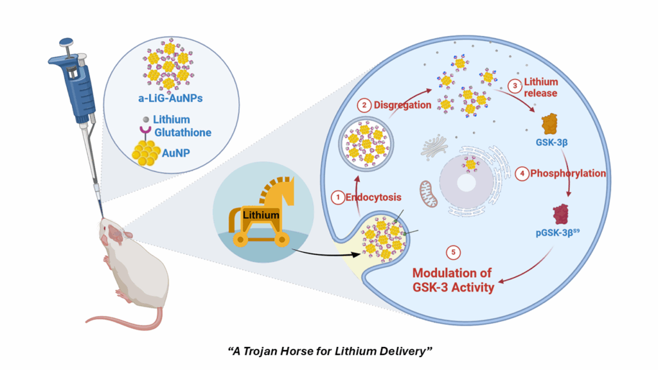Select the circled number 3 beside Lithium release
(x=513, y=85)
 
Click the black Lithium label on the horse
(x=260, y=215)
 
